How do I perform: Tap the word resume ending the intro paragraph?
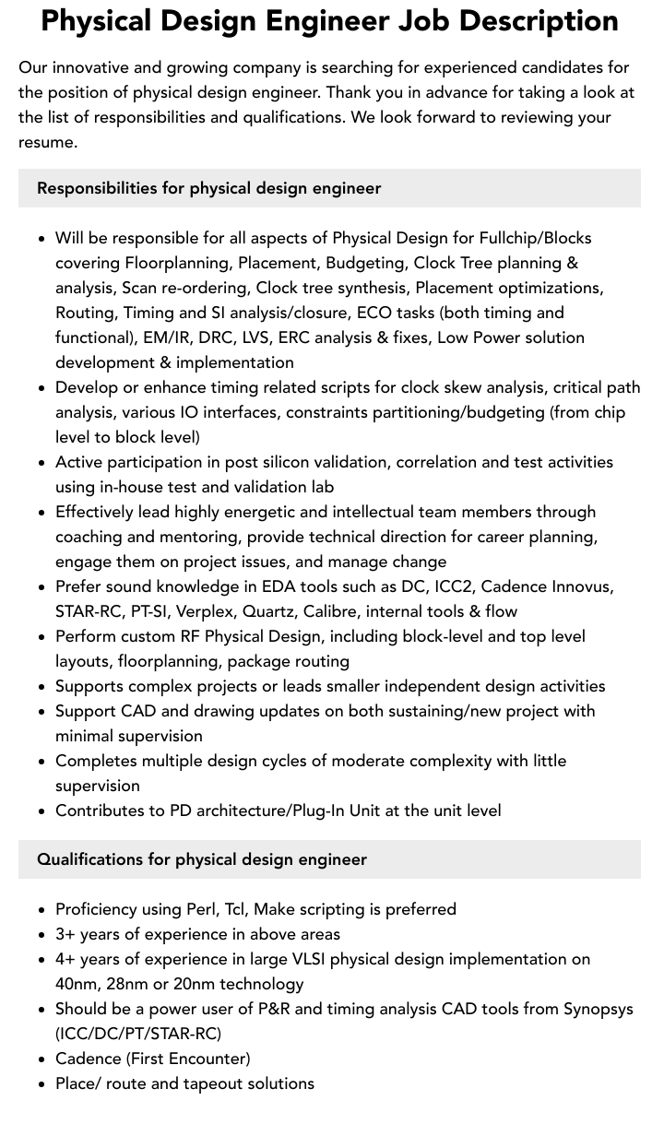46,142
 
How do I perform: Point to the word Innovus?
581,586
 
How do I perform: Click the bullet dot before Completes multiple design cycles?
41,762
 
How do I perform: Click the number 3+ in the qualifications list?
65,934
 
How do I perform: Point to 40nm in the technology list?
77,984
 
